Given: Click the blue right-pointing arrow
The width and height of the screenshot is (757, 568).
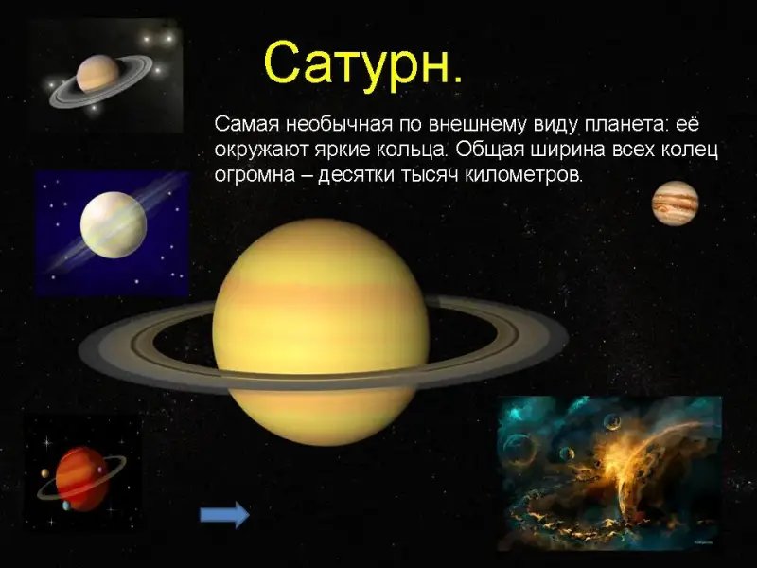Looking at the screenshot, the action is click(224, 514).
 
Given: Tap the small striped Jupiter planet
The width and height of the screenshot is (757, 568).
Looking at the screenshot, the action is click(675, 203).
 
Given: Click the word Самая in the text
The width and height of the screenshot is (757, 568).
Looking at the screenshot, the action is click(247, 124).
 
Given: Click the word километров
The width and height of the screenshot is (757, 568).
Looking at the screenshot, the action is click(524, 175).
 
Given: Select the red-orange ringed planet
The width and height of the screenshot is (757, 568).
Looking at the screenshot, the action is click(81, 479).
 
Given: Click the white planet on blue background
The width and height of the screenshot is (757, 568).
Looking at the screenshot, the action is click(114, 224).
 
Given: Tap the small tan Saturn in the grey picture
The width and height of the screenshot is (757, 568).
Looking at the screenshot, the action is click(97, 74).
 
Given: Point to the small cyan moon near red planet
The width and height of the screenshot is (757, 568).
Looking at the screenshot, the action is click(66, 506).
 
